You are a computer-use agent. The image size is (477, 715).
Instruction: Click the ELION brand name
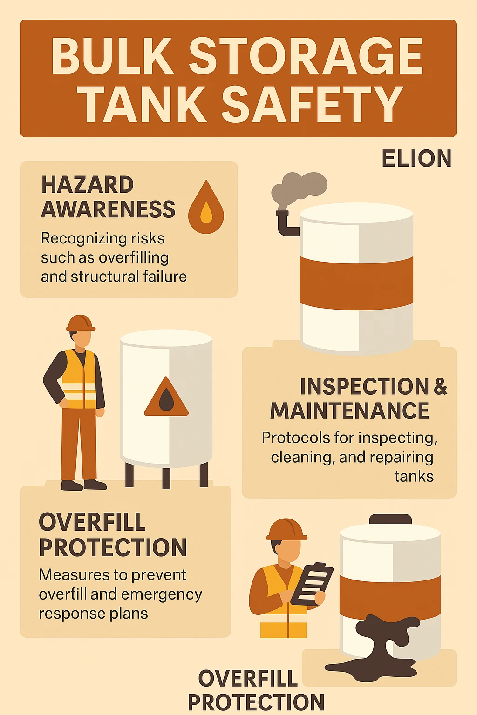click(416, 159)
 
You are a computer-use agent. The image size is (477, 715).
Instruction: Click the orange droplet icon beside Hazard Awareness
click(206, 208)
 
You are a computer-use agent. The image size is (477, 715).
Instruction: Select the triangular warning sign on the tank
click(166, 398)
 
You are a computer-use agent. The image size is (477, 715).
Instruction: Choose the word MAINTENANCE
click(349, 411)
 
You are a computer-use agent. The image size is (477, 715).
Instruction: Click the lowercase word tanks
click(414, 477)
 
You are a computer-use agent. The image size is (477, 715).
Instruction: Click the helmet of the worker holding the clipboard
click(287, 529)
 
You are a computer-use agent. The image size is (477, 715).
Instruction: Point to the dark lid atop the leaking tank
click(390, 519)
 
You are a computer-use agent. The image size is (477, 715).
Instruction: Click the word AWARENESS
click(108, 209)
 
